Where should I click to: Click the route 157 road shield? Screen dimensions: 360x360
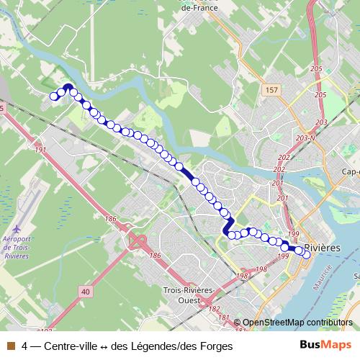[270, 89]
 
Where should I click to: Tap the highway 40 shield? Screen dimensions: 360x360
[86, 291]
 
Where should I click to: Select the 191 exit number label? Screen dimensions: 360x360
[40, 150]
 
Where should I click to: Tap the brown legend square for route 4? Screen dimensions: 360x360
[10, 346]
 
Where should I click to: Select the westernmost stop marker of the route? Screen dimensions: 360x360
[53, 96]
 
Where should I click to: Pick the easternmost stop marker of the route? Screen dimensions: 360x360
[307, 254]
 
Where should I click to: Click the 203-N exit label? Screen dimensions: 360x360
[306, 138]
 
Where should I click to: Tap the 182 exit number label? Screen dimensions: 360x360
[214, 308]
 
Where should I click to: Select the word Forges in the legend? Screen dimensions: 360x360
[217, 346]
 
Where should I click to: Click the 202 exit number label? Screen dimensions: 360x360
[284, 158]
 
